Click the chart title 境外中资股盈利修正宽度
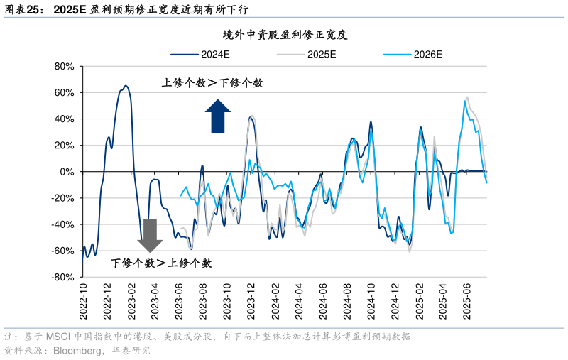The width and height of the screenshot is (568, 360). (284, 34)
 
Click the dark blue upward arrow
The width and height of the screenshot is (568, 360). (218, 116)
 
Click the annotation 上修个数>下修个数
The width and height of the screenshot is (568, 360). (212, 83)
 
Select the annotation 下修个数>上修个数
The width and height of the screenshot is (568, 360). (161, 263)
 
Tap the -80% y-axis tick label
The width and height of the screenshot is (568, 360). (63, 278)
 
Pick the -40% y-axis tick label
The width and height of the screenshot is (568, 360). (63, 225)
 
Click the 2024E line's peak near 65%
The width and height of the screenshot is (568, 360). (126, 86)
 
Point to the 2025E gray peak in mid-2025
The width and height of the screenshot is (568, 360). (466, 97)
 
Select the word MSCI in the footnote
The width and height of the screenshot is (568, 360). (58, 337)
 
